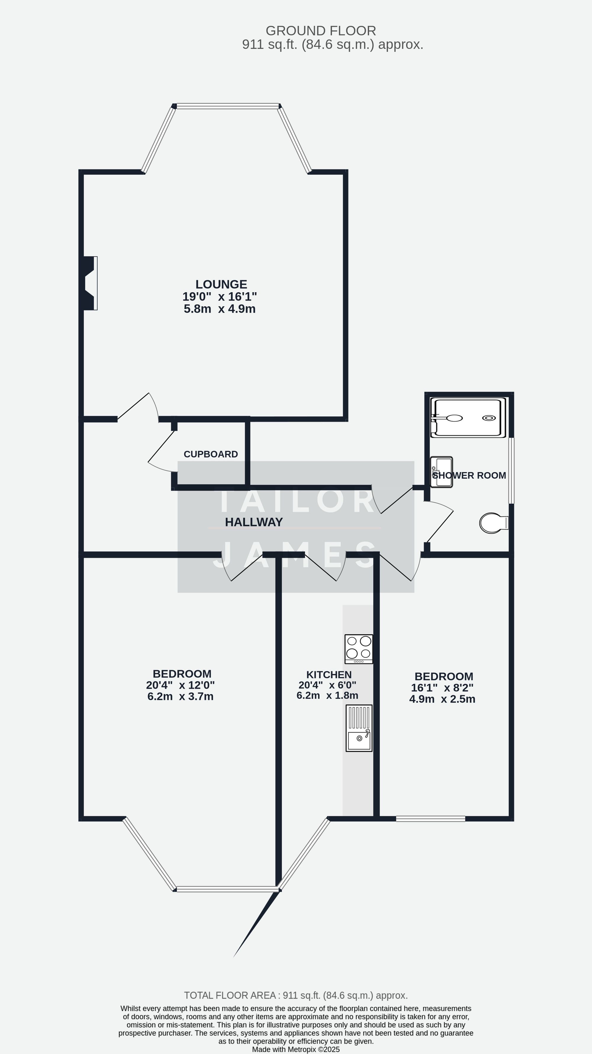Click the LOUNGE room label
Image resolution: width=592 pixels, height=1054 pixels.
point(221,284)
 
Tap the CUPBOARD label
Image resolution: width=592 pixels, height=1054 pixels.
point(211,454)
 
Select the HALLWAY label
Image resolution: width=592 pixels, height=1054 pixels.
point(254,522)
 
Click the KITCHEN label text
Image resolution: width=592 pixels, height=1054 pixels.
point(329,675)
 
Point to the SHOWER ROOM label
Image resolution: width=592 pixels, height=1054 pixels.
point(469,475)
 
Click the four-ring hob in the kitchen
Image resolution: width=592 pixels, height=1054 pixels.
point(359,648)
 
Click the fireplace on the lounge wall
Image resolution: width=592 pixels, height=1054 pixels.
point(90,283)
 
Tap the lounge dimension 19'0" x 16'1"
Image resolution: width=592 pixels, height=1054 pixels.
point(220,297)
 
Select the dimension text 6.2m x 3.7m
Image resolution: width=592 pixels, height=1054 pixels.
point(181,696)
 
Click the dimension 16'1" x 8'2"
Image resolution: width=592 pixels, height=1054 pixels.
point(442,688)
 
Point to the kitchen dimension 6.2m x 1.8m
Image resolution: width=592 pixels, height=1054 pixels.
point(327,695)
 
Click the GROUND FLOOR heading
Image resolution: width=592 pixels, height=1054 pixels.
point(321,31)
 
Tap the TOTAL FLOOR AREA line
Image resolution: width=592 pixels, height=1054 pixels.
point(296,995)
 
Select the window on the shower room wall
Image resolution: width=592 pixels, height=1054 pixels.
point(511,470)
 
